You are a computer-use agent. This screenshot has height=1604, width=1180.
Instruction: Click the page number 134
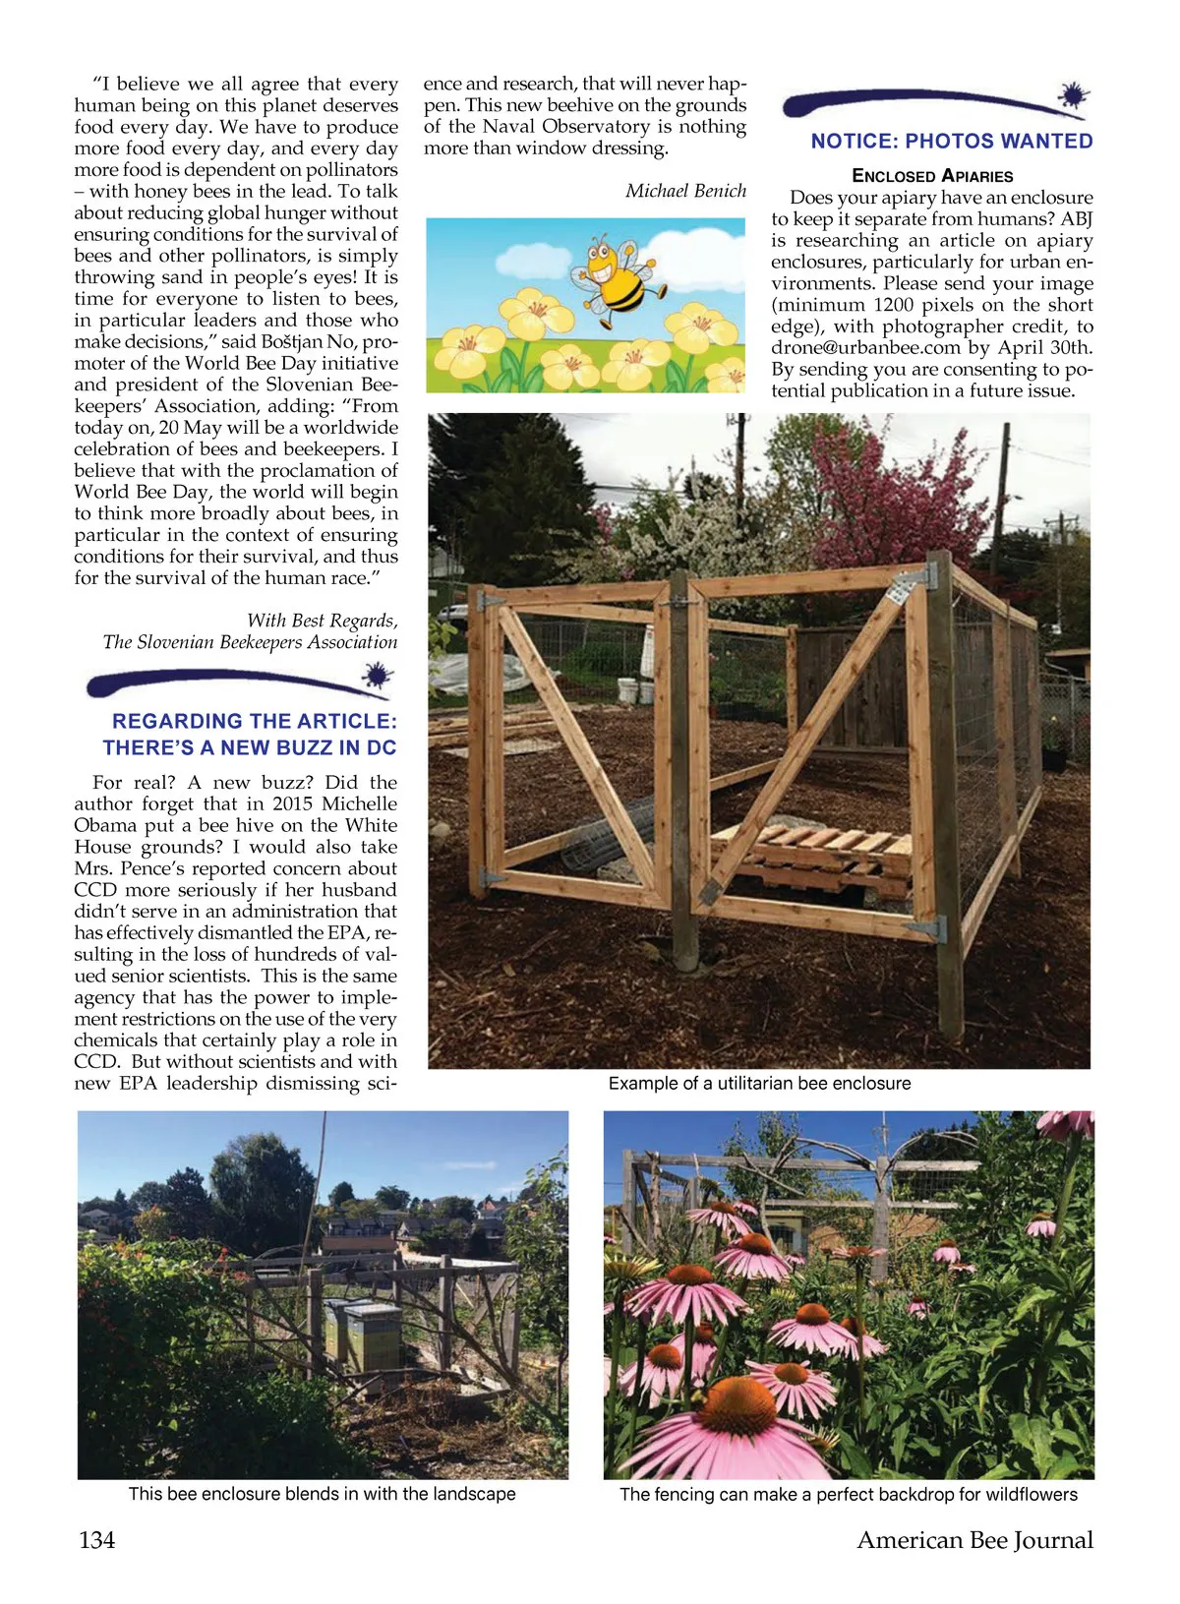96,1539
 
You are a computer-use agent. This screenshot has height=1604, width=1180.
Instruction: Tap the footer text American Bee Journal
974,1539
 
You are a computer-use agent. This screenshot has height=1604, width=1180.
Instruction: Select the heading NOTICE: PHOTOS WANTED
951,141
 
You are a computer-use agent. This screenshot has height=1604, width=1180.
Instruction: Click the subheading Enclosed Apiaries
931,176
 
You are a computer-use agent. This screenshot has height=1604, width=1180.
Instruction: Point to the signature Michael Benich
685,191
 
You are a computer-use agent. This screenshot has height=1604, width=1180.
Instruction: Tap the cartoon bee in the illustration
616,279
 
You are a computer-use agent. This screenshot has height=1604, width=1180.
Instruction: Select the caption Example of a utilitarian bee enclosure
759,1083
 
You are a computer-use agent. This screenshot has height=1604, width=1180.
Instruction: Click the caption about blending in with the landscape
322,1494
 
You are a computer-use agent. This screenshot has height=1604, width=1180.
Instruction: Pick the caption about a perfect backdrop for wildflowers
848,1494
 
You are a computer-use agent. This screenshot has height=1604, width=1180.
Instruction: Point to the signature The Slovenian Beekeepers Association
250,642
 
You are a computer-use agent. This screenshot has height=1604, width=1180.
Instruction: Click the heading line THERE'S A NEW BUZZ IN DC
250,747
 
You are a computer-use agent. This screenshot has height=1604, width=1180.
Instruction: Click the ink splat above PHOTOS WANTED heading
1073,95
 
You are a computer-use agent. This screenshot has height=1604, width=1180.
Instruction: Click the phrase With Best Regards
322,621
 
